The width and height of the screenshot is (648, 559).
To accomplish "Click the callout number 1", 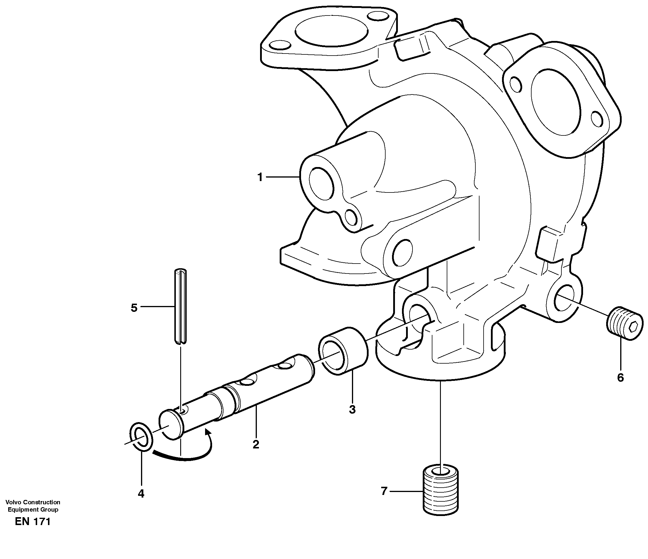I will pos(260,177).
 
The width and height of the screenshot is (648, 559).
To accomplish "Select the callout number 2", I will pos(256,444).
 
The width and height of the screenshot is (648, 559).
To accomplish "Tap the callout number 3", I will pos(352,409).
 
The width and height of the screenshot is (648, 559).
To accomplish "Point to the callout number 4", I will pos(141,493).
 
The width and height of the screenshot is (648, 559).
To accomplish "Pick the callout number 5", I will pos(134,308).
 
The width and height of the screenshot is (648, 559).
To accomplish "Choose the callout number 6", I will pos(621,378).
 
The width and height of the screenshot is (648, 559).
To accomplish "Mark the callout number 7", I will pos(384,491).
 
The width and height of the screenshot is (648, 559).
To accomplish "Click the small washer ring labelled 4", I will pos(141,437).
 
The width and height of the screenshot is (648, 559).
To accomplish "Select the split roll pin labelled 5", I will pos(180,306).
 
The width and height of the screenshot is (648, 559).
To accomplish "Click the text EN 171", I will pos(32,522).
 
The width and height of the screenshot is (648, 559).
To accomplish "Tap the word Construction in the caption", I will pos(41,502).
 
